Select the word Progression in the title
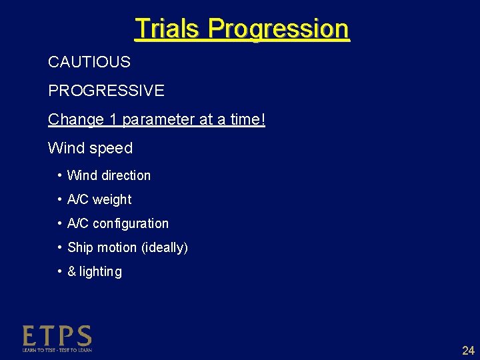pyautogui.click(x=278, y=29)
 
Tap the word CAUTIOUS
pyautogui.click(x=89, y=63)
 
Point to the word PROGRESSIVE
pyautogui.click(x=106, y=90)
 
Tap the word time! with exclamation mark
pyautogui.click(x=246, y=120)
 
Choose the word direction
pyautogui.click(x=125, y=175)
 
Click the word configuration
pyautogui.click(x=131, y=224)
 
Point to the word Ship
pyautogui.click(x=80, y=248)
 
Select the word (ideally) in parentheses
pyautogui.click(x=165, y=248)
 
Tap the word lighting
pyautogui.click(x=101, y=272)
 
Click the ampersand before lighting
pyautogui.click(x=72, y=272)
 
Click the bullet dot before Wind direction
pyautogui.click(x=60, y=175)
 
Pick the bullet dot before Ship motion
pyautogui.click(x=60, y=247)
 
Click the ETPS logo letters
pyautogui.click(x=57, y=336)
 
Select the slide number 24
pyautogui.click(x=468, y=351)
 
